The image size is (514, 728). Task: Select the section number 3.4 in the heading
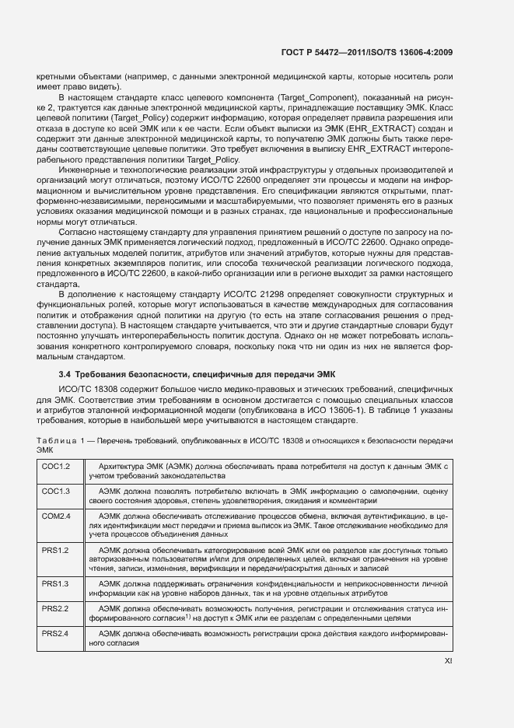[x=55, y=375]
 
